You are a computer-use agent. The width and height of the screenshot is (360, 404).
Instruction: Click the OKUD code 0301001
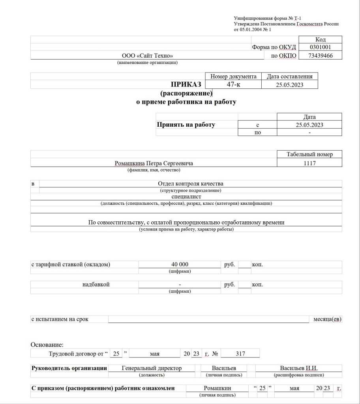click(x=320, y=47)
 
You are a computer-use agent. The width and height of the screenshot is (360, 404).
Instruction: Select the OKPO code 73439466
click(x=320, y=56)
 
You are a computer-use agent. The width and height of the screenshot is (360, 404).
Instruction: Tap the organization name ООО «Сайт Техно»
click(x=147, y=56)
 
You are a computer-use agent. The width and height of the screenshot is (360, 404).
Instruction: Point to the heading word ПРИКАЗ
click(x=186, y=84)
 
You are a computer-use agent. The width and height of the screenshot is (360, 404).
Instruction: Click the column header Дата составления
click(x=290, y=77)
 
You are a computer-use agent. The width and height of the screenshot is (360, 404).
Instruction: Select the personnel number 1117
click(x=309, y=163)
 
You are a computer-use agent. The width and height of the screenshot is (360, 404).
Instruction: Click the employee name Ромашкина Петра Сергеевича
click(x=154, y=163)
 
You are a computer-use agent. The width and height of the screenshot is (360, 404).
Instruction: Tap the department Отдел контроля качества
click(x=191, y=183)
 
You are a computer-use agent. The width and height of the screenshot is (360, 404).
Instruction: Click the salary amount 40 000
click(x=180, y=264)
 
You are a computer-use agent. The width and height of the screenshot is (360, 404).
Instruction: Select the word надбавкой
click(x=96, y=284)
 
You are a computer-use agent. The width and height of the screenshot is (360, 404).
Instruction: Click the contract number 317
click(x=240, y=354)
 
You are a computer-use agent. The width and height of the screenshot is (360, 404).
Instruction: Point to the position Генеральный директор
click(x=152, y=368)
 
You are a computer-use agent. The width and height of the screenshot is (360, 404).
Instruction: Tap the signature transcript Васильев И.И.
click(x=298, y=368)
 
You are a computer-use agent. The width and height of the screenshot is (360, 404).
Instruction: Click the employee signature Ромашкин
click(x=217, y=388)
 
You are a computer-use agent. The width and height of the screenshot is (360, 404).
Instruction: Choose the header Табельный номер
click(x=309, y=154)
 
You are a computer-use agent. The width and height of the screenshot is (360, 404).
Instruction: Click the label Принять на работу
click(x=186, y=125)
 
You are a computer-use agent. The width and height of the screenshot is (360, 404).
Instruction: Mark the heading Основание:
click(x=47, y=345)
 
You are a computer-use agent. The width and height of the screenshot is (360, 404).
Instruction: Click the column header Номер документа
click(x=233, y=77)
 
